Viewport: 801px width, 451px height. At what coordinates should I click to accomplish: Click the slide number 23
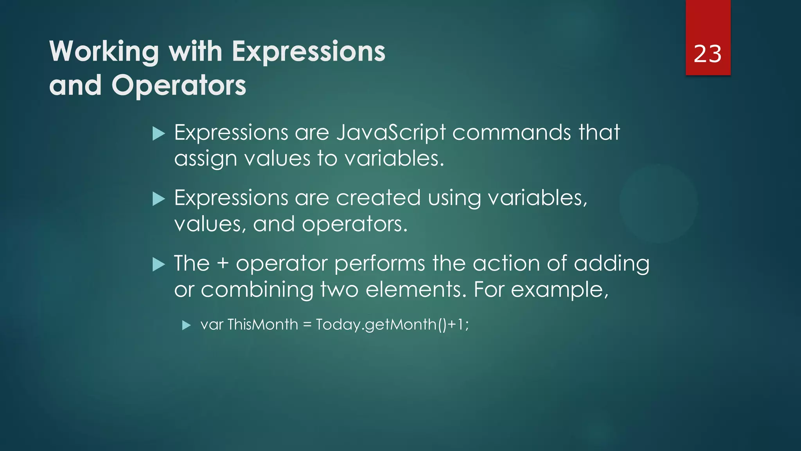(707, 54)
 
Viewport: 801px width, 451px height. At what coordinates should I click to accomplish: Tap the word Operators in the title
(179, 85)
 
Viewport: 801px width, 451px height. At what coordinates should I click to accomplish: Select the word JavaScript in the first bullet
(391, 133)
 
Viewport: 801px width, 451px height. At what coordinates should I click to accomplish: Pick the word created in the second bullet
(378, 198)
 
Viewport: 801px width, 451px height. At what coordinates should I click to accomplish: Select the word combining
(257, 290)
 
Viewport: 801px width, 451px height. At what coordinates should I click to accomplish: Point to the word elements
(416, 290)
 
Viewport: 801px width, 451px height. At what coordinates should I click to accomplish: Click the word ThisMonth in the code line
(262, 325)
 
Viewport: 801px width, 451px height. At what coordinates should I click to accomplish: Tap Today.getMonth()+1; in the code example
(392, 325)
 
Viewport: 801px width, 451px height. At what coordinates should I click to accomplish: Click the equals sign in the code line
(307, 325)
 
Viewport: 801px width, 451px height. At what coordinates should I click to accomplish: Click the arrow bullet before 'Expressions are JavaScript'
(158, 133)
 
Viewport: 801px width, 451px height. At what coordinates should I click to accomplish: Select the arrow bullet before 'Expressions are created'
(158, 199)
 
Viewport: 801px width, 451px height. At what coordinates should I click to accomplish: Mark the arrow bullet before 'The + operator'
(158, 264)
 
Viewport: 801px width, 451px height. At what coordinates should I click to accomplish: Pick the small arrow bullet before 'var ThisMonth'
(186, 325)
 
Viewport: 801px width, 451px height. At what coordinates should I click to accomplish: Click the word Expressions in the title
(309, 52)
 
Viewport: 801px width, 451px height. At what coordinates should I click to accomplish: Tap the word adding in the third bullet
(611, 263)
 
